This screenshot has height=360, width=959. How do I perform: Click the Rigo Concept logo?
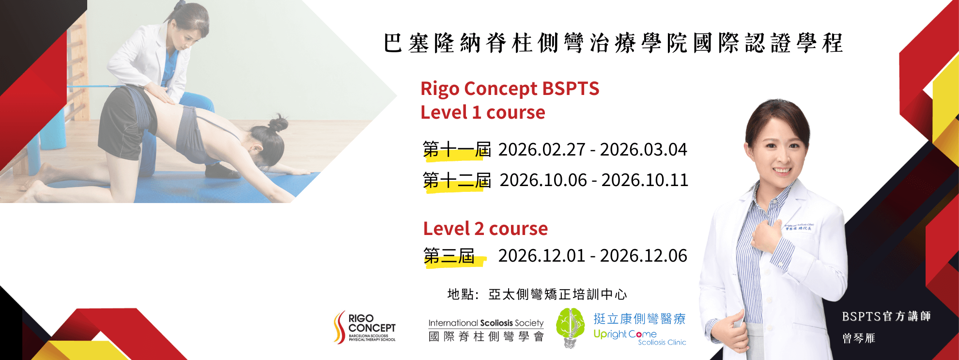(365, 328)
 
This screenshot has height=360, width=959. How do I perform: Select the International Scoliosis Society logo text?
(486, 330)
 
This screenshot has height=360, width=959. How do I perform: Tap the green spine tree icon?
(570, 328)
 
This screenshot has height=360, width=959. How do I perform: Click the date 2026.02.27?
(542, 150)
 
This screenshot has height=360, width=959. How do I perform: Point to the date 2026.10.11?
(645, 180)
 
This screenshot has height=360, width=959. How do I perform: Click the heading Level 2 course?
(485, 229)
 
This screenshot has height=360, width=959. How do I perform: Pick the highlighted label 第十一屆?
(457, 150)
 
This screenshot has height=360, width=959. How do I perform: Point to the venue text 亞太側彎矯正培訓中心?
(557, 294)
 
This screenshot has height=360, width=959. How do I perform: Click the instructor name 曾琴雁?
(859, 338)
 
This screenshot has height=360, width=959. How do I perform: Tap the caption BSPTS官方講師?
(886, 316)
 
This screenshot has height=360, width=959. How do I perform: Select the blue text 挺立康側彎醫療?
(639, 319)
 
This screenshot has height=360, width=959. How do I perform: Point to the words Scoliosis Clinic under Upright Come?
(662, 343)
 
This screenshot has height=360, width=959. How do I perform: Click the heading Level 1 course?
(483, 112)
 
